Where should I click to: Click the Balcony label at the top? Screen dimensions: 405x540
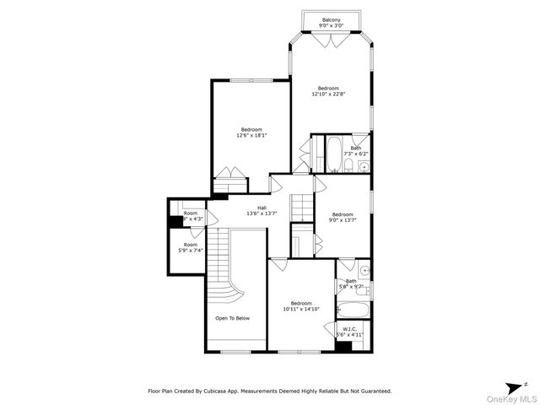tap(332, 20)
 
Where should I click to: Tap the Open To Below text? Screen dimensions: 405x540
tap(232, 318)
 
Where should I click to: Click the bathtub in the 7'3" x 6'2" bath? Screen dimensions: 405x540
tap(331, 154)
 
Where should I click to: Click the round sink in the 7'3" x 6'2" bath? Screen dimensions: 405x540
tap(363, 167)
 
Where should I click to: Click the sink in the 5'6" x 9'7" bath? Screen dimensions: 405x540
tap(362, 271)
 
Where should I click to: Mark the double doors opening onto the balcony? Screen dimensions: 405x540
tap(331, 36)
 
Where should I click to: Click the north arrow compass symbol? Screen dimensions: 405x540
tap(514, 383)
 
